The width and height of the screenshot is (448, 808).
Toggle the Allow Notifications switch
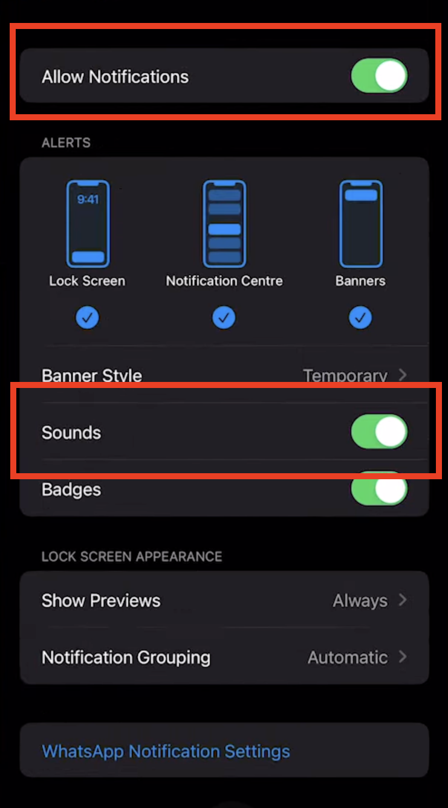pyautogui.click(x=379, y=76)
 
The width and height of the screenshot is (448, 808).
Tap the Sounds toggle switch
pyautogui.click(x=379, y=432)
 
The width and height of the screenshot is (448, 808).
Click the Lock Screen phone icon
pyautogui.click(x=88, y=224)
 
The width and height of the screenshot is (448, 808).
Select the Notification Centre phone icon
pyautogui.click(x=224, y=224)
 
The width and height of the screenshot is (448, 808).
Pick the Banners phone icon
pyautogui.click(x=361, y=224)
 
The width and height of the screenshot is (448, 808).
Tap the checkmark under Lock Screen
pyautogui.click(x=88, y=317)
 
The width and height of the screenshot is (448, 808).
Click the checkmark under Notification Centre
pyautogui.click(x=224, y=317)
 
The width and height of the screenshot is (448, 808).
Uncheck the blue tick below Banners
pyautogui.click(x=361, y=317)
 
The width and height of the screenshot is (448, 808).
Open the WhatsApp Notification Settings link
pyautogui.click(x=166, y=751)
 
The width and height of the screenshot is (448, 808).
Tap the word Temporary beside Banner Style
pyautogui.click(x=345, y=376)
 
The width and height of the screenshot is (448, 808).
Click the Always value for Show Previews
pyautogui.click(x=360, y=601)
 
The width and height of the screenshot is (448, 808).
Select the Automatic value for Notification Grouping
pyautogui.click(x=348, y=657)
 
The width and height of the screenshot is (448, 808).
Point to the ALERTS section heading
pyautogui.click(x=66, y=143)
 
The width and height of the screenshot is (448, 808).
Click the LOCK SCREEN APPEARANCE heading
pyautogui.click(x=132, y=556)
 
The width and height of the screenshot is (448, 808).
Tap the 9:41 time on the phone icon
pyautogui.click(x=88, y=199)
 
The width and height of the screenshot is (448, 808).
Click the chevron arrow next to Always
pyautogui.click(x=403, y=600)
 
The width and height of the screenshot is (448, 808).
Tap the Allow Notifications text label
pyautogui.click(x=115, y=77)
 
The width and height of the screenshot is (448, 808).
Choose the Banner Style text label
pyautogui.click(x=92, y=376)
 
